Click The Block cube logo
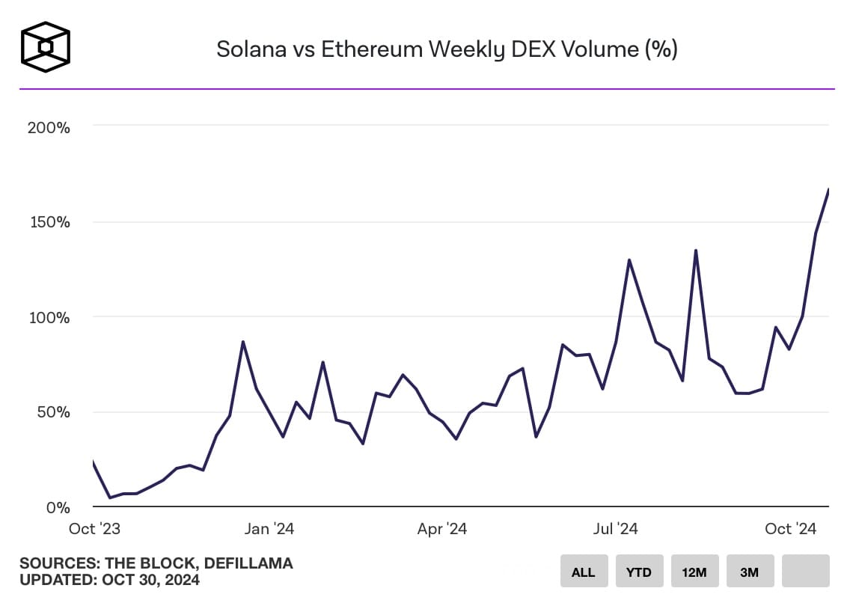[46, 47]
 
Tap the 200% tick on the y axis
[49, 128]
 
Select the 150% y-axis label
[49, 222]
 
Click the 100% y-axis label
[49, 317]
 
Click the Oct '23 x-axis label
[94, 529]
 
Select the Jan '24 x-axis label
[269, 529]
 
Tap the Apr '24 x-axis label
[442, 529]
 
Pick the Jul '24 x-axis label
[615, 529]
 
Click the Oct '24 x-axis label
[791, 529]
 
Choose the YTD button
[638, 572]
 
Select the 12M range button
[694, 572]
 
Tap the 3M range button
[749, 572]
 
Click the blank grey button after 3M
[805, 571]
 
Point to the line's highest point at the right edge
[828, 190]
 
